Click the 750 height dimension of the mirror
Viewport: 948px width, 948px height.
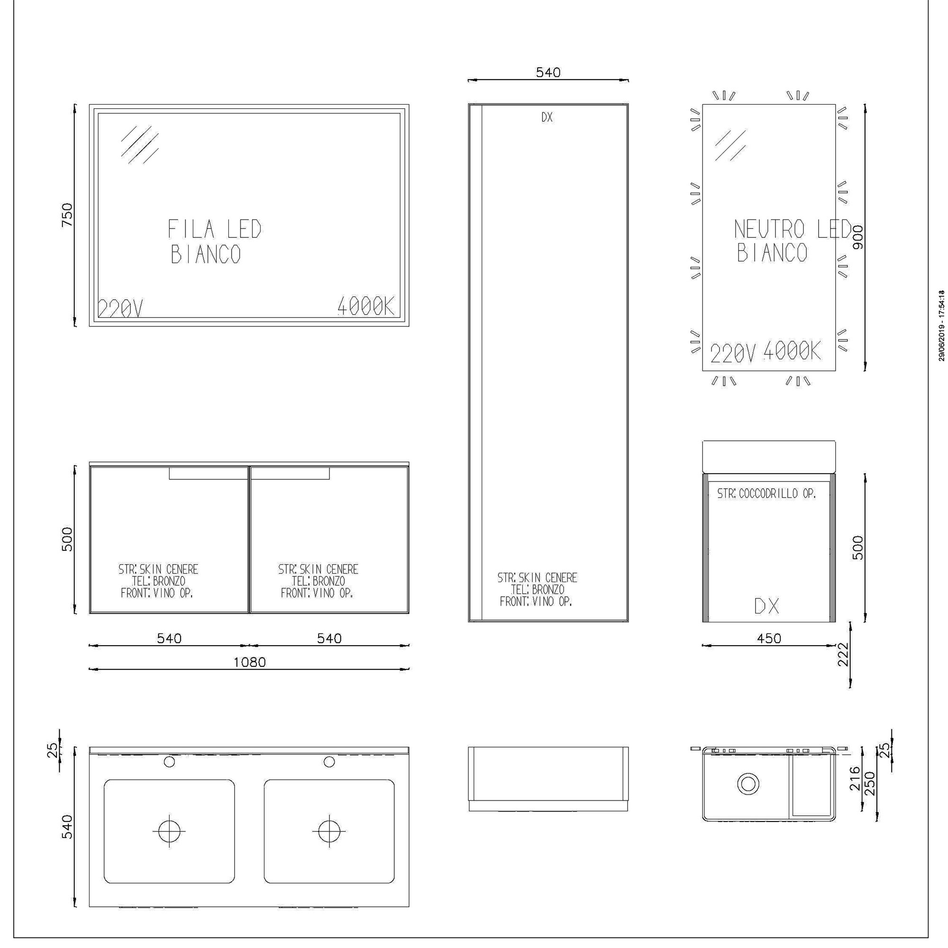pyautogui.click(x=67, y=214)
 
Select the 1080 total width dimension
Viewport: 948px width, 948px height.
pyautogui.click(x=249, y=663)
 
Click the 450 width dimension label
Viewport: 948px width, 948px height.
pyautogui.click(x=769, y=638)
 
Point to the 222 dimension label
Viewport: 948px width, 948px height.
pyautogui.click(x=843, y=655)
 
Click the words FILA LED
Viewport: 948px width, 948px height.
pyautogui.click(x=215, y=229)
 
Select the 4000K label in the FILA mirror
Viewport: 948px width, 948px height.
pyautogui.click(x=366, y=306)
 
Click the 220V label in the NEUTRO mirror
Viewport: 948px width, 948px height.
pyautogui.click(x=733, y=353)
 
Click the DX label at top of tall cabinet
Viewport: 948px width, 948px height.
pyautogui.click(x=547, y=117)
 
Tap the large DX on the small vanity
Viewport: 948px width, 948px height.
pyautogui.click(x=767, y=607)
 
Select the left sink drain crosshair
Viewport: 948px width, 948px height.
pyautogui.click(x=169, y=831)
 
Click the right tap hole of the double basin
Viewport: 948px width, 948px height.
pyautogui.click(x=329, y=762)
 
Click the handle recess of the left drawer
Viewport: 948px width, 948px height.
pyautogui.click(x=209, y=474)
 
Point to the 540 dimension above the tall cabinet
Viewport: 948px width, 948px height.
pyautogui.click(x=548, y=73)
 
